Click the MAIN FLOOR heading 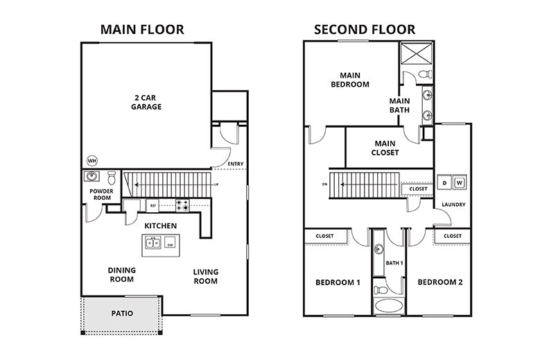(x=142, y=29)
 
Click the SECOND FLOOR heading (x=364, y=29)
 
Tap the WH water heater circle (x=92, y=160)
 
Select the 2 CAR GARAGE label (x=146, y=102)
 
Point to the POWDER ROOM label (x=101, y=195)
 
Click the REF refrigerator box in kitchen (x=152, y=205)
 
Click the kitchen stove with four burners (x=183, y=205)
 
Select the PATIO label (x=122, y=314)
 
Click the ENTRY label (x=235, y=164)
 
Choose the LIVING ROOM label (x=205, y=276)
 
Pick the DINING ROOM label (x=121, y=275)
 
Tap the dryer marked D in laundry (x=444, y=182)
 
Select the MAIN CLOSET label (x=385, y=148)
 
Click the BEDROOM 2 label (x=439, y=282)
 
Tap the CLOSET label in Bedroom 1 (x=324, y=236)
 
